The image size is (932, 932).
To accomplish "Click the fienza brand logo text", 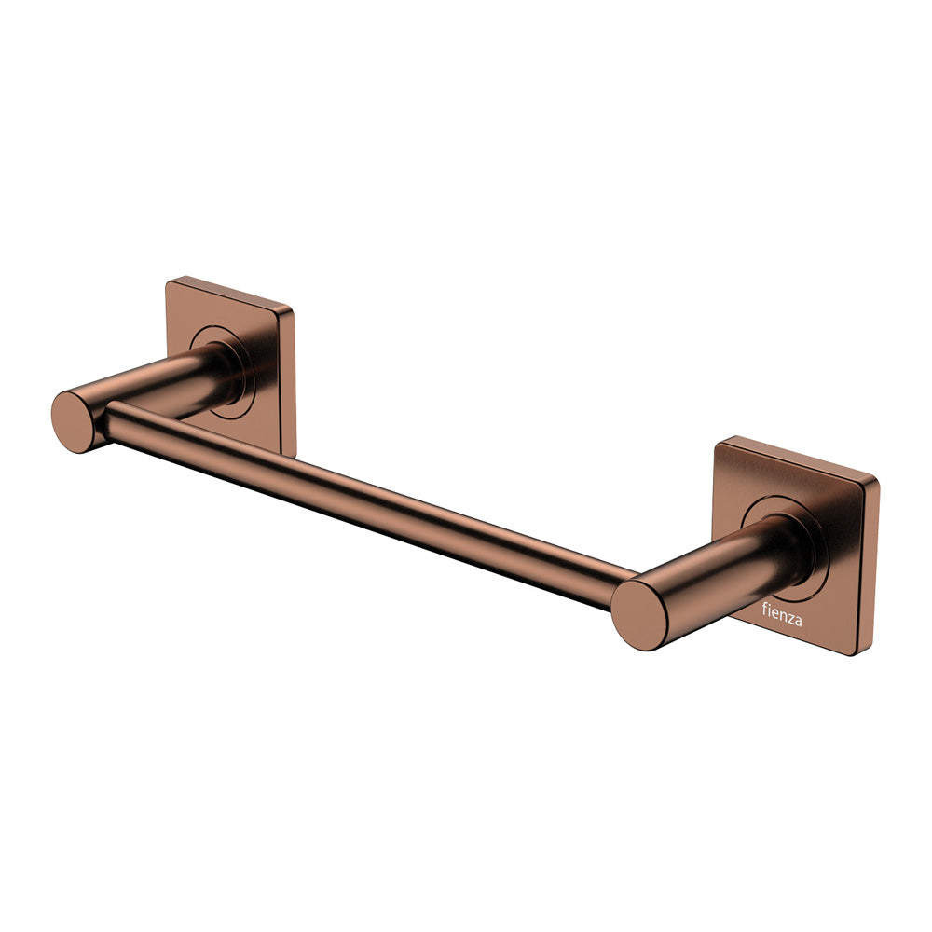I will coord(780,616).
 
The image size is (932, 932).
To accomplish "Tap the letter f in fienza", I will coord(758,613).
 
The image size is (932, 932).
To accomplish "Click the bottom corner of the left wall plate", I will coord(292,455).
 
